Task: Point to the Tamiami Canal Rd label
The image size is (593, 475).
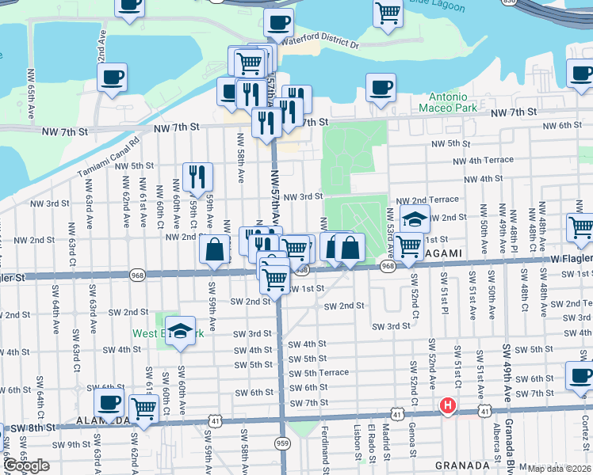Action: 109,156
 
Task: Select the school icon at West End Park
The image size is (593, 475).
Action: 182,331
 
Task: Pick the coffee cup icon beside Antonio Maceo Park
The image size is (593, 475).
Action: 381,86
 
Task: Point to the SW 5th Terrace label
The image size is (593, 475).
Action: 319,372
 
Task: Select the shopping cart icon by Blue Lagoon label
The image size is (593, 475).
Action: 388,13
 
